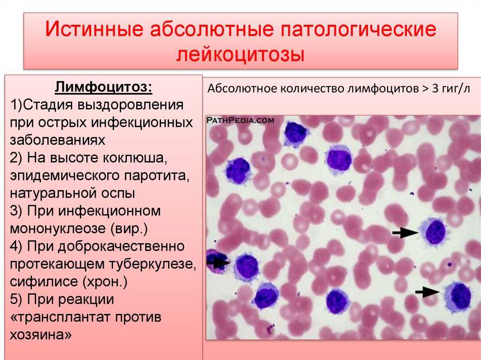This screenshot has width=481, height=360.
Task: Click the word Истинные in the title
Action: pyautogui.click(x=94, y=29)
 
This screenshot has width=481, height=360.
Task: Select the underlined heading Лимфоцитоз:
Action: pyautogui.click(x=104, y=87)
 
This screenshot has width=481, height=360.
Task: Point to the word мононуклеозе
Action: pyautogui.click(x=59, y=229)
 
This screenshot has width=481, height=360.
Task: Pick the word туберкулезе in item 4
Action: pyautogui.click(x=151, y=264)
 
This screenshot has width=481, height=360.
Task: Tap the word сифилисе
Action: pyautogui.click(x=43, y=282)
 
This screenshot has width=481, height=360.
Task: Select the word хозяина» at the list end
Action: pyautogui.click(x=41, y=334)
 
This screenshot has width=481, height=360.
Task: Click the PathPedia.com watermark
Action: pyautogui.click(x=240, y=120)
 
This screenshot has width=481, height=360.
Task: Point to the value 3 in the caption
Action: pyautogui.click(x=435, y=88)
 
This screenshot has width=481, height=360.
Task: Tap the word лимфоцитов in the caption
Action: pyautogui.click(x=383, y=89)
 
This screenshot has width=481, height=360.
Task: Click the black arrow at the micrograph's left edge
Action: pyautogui.click(x=218, y=262)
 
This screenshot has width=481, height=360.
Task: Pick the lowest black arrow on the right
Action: pyautogui.click(x=427, y=291)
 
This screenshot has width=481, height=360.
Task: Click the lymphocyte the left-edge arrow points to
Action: pyautogui.click(x=246, y=267)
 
